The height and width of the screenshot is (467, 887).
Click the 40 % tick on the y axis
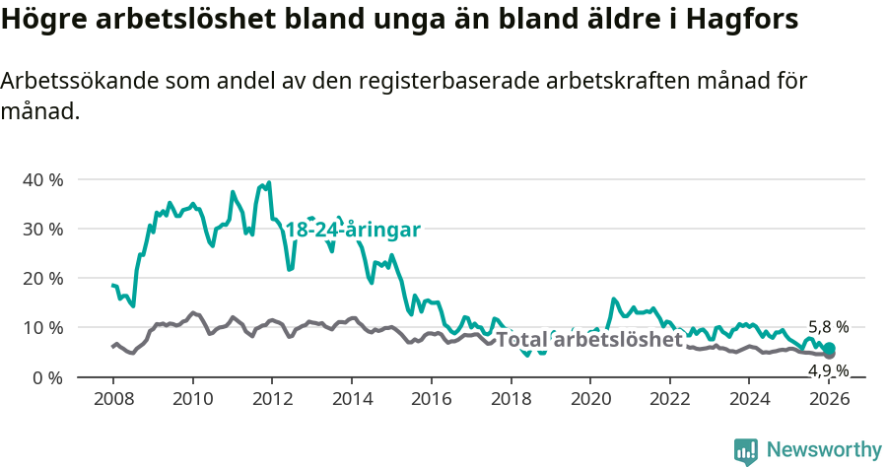[42, 179]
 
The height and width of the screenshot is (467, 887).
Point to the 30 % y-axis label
[42, 229]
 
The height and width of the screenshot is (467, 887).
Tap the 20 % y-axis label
[42, 278]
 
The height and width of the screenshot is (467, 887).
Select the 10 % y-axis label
[42, 327]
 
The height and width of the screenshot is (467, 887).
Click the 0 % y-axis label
[47, 376]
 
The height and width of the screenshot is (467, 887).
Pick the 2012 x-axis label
[272, 399]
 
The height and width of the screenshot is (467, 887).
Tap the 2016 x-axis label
[432, 399]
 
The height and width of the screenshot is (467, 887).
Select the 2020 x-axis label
[590, 399]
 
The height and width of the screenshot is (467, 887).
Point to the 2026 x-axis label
[830, 399]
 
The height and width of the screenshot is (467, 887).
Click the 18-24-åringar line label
[353, 230]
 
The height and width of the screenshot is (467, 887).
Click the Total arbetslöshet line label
[588, 340]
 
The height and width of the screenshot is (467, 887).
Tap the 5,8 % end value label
[828, 327]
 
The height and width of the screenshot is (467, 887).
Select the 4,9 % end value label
[828, 370]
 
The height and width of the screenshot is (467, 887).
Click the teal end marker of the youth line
[830, 348]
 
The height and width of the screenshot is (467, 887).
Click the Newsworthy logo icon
[746, 451]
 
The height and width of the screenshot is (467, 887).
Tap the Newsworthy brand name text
[823, 450]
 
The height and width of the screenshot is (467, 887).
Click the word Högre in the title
[40, 20]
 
